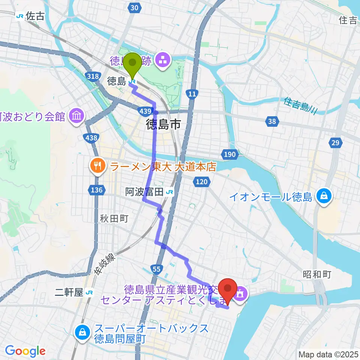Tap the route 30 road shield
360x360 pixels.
point(135,7)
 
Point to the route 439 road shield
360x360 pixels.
point(146,111)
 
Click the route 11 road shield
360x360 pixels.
point(192,94)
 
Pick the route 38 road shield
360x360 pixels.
point(272,121)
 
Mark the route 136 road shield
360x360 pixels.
point(96,190)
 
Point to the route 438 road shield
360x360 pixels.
point(92,138)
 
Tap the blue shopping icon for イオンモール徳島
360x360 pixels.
point(322,196)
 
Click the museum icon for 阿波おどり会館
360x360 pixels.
point(76,115)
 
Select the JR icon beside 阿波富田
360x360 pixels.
point(170,192)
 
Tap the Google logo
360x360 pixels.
point(25,351)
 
